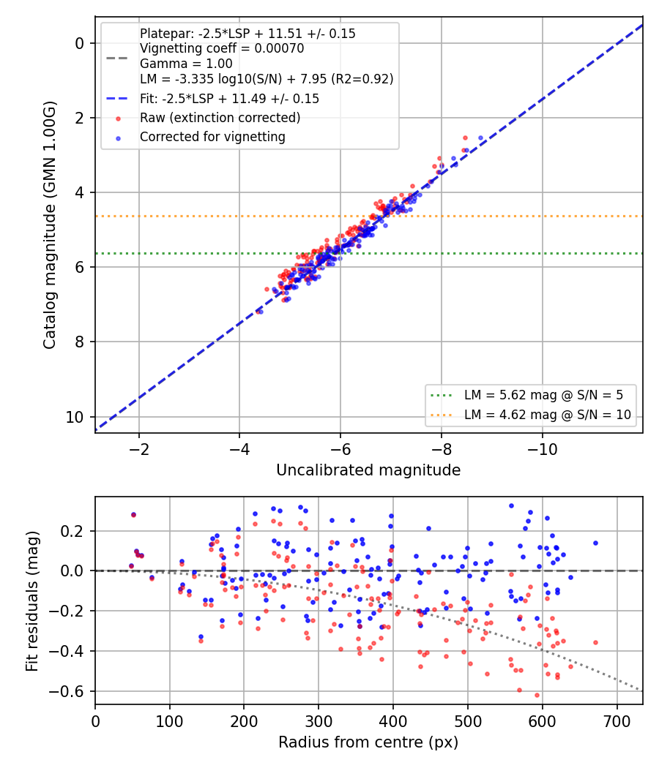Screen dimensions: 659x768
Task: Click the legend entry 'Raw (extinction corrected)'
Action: (x=220, y=118)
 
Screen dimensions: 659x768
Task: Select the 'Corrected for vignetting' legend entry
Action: (x=212, y=137)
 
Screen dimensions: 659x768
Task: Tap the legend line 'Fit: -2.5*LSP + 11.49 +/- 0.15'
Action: (x=229, y=99)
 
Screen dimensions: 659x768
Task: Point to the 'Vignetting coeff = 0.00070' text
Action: (x=222, y=48)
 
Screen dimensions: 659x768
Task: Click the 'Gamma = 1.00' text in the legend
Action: (x=186, y=64)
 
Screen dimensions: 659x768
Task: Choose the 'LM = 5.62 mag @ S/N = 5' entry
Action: (x=543, y=395)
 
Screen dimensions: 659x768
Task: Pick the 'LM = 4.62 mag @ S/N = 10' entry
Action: (x=547, y=415)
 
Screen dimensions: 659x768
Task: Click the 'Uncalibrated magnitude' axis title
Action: (x=368, y=470)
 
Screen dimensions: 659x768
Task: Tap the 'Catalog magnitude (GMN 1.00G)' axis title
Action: (x=50, y=225)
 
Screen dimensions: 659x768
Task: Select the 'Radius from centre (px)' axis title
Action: (x=368, y=742)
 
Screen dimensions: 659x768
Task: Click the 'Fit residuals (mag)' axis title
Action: (x=32, y=601)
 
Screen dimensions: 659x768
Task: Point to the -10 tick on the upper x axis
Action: (x=543, y=449)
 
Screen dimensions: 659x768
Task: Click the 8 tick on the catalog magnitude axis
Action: (x=79, y=342)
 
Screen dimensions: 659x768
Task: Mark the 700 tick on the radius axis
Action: (x=617, y=721)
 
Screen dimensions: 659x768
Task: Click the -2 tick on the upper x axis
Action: (x=139, y=449)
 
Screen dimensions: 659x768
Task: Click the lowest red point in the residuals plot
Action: (x=537, y=695)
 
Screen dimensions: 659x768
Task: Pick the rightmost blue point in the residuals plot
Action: (x=596, y=543)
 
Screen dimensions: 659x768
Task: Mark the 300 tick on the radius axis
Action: (x=319, y=721)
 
